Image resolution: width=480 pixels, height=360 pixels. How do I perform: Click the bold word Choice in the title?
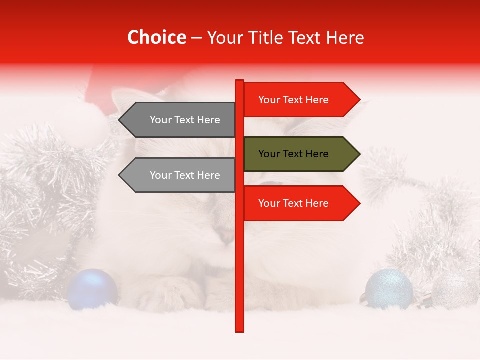point(156,37)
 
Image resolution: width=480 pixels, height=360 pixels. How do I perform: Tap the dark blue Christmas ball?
point(92,289)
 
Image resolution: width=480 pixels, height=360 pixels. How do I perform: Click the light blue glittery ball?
point(389,289)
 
